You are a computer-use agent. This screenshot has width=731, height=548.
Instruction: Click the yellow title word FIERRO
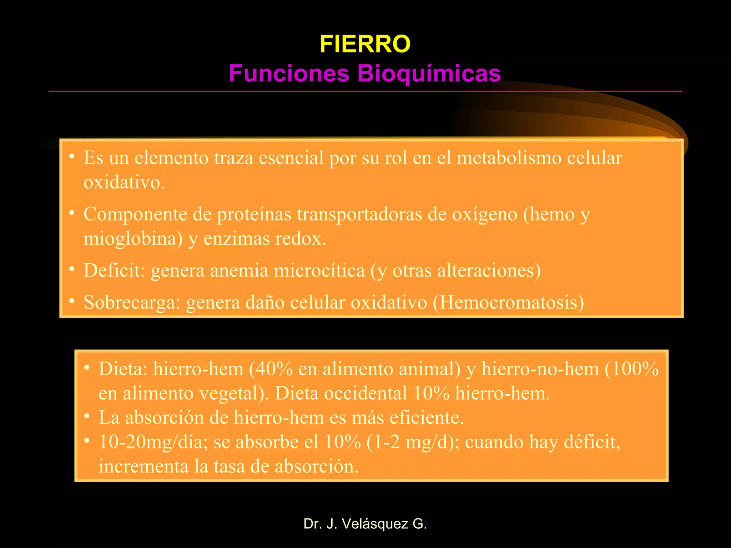(x=365, y=44)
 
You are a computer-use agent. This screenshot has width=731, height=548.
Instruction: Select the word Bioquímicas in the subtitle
(x=429, y=73)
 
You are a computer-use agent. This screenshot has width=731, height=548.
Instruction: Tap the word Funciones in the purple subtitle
(x=289, y=73)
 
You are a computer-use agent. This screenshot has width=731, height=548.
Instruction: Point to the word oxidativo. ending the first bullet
(x=124, y=183)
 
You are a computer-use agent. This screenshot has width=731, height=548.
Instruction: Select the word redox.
(x=301, y=239)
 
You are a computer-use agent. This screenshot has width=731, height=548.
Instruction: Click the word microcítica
(x=319, y=270)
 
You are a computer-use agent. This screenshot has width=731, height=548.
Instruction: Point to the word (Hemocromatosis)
(x=508, y=303)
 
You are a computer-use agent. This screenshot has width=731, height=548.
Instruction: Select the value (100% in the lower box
(x=631, y=369)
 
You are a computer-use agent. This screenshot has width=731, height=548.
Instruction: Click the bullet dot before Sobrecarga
(x=72, y=301)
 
